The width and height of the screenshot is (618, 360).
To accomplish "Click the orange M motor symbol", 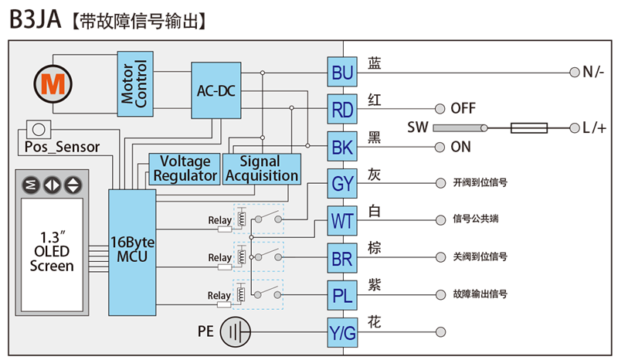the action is pyautogui.click(x=53, y=84).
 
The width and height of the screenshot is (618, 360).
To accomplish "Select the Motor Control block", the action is pyautogui.click(x=135, y=83).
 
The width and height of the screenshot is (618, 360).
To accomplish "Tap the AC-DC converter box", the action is pyautogui.click(x=216, y=90).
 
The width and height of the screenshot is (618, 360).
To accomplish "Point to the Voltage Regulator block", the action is pyautogui.click(x=185, y=169).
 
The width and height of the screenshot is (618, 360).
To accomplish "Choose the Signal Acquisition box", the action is pyautogui.click(x=262, y=169).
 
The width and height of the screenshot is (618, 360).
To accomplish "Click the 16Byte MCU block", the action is pyautogui.click(x=132, y=253).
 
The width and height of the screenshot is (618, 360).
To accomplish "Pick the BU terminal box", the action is pyautogui.click(x=342, y=72).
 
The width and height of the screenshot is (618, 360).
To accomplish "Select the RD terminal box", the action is pyautogui.click(x=342, y=109).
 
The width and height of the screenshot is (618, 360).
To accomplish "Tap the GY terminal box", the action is pyautogui.click(x=342, y=183).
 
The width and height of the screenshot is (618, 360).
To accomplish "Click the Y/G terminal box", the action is pyautogui.click(x=342, y=332).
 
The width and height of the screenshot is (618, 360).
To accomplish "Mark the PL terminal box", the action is pyautogui.click(x=342, y=295).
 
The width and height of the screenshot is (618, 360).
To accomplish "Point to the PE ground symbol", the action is pyautogui.click(x=236, y=332).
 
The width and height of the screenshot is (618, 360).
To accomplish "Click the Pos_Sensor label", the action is pyautogui.click(x=62, y=147).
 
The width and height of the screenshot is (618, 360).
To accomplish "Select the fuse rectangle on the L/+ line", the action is pyautogui.click(x=529, y=127).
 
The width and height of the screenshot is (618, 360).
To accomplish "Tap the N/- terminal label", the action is pyautogui.click(x=593, y=72).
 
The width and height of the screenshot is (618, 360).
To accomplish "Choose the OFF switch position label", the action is pyautogui.click(x=463, y=108).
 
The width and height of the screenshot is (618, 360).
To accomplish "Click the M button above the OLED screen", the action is pyautogui.click(x=31, y=185).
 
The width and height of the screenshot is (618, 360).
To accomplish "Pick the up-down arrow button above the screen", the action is pyautogui.click(x=73, y=185).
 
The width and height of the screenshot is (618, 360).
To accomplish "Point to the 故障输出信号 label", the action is pyautogui.click(x=480, y=294).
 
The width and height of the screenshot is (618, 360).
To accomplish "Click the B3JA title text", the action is pyautogui.click(x=35, y=19).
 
